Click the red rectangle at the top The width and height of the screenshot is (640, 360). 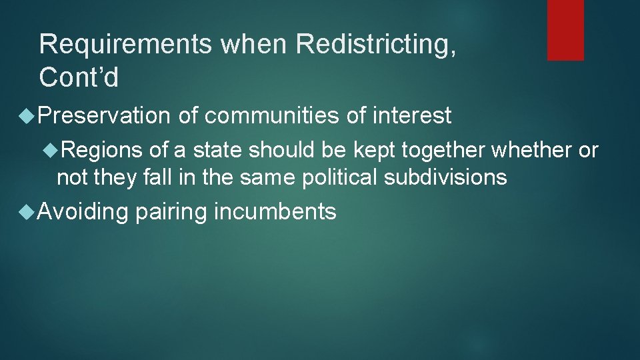565,30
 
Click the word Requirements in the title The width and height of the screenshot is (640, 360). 126,45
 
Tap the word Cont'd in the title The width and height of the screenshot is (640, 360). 79,78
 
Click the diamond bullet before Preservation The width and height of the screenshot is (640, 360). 27,117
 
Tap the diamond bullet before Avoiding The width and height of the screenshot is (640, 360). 27,213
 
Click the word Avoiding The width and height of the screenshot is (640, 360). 83,212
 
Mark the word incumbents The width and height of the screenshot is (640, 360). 275,212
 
